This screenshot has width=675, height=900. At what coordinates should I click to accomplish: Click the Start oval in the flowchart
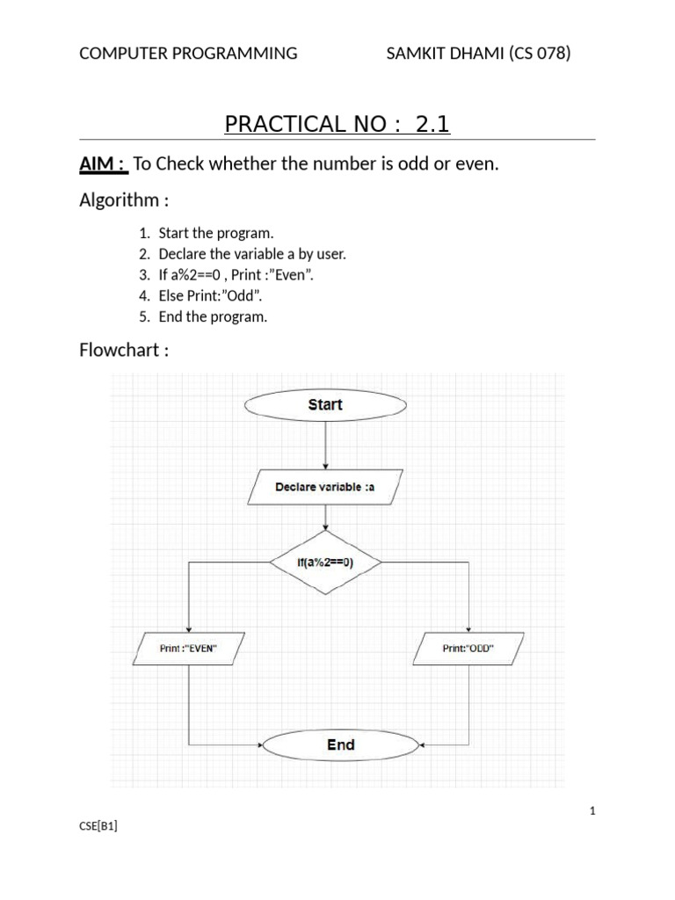[325, 404]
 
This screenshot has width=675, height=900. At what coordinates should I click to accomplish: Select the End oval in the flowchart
[340, 744]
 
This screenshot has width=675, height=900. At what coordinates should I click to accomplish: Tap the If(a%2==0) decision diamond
[325, 562]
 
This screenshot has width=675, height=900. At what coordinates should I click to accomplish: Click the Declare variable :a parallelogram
[325, 486]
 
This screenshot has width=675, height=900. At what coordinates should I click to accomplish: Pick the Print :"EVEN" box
[188, 649]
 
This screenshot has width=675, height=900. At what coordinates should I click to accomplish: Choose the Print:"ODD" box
[468, 649]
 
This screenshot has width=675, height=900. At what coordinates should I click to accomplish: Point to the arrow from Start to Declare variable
[325, 444]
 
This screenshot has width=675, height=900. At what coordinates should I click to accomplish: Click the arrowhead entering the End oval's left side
[260, 744]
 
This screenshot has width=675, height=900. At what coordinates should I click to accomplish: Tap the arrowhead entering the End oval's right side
[422, 744]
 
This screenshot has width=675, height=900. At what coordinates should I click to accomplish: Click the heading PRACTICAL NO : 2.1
[337, 124]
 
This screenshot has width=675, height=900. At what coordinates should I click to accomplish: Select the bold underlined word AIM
[99, 164]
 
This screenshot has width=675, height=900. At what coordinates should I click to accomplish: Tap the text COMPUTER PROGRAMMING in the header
[188, 54]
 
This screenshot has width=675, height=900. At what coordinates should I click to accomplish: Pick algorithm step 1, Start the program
[216, 233]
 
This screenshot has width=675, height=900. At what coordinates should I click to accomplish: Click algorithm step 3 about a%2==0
[236, 275]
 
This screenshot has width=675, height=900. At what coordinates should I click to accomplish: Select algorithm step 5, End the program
[213, 316]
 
